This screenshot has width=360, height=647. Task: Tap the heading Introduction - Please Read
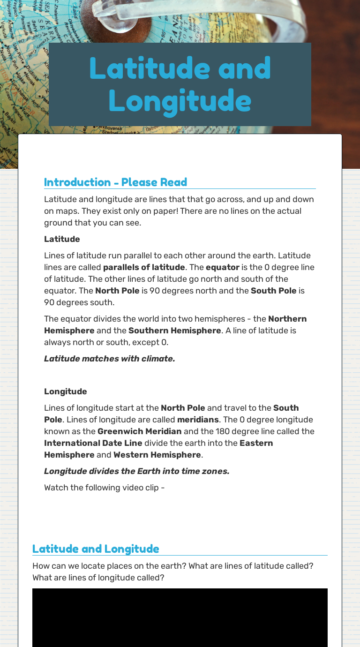115,182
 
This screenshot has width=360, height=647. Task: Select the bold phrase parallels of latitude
144,267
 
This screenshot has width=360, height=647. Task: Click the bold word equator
222,267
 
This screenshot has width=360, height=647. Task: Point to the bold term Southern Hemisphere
174,331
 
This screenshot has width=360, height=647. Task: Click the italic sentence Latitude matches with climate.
109,359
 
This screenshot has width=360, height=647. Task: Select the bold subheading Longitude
65,391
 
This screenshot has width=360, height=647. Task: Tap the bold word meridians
198,420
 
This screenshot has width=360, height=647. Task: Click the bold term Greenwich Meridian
139,431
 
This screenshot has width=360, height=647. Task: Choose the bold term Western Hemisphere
157,455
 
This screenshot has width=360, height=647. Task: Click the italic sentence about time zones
136,471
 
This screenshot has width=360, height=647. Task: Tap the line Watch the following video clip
104,488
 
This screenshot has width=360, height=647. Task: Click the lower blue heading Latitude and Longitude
96,549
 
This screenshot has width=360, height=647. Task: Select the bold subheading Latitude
62,239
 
